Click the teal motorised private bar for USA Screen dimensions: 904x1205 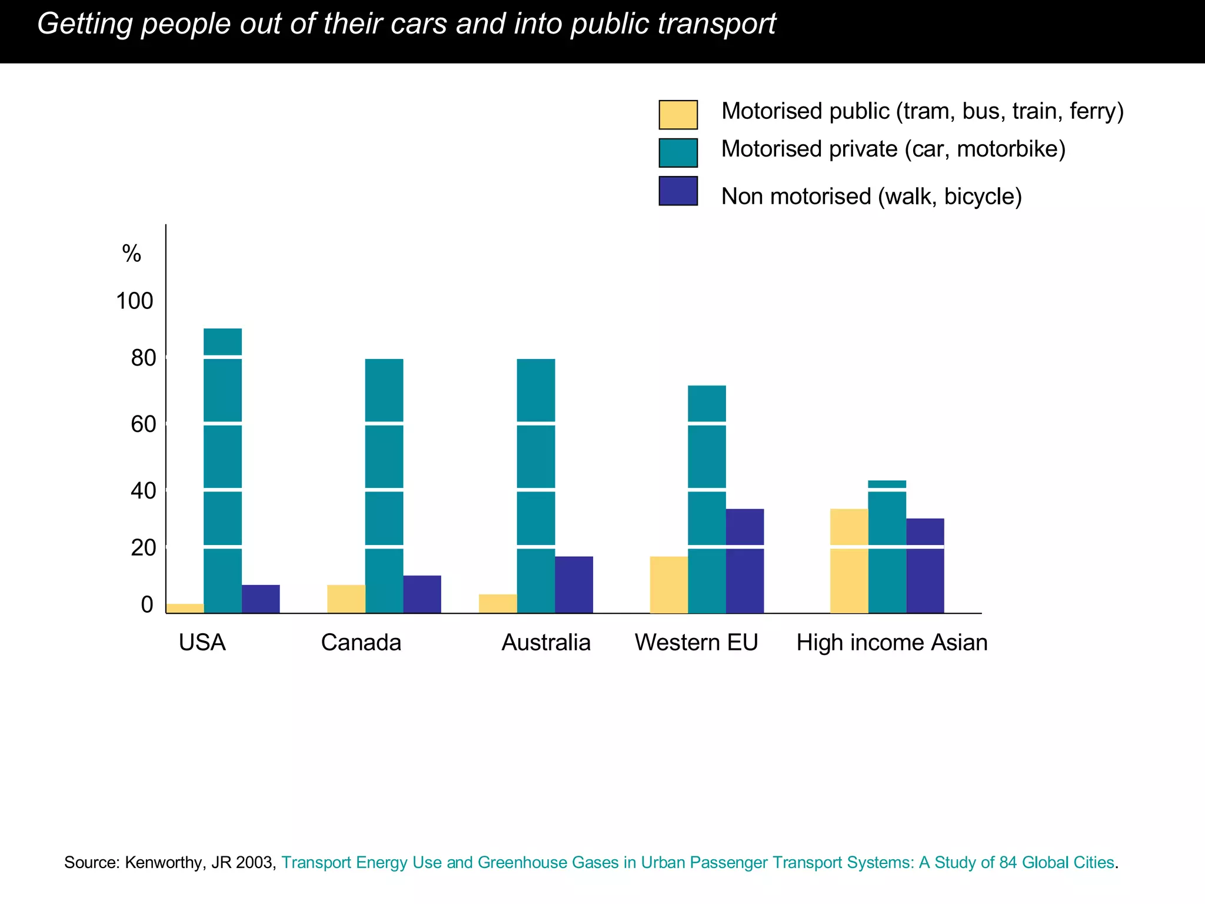click(222, 471)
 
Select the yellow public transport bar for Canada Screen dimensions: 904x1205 click(346, 599)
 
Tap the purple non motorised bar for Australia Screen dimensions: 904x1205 click(574, 584)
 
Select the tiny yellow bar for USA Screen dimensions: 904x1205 click(185, 608)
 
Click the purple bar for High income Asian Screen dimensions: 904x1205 click(925, 566)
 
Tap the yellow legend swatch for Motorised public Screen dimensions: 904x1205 click(678, 115)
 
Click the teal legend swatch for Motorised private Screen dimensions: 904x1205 click(678, 153)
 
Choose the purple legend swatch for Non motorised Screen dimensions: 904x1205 click(678, 191)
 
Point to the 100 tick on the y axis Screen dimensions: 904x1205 click(134, 301)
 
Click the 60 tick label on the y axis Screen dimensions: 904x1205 click(143, 424)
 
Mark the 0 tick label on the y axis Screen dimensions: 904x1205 click(147, 604)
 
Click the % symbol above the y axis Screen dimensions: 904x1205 click(131, 254)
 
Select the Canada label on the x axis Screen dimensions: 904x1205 click(361, 642)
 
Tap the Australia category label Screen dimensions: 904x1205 click(545, 642)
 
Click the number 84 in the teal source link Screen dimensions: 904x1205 click(1008, 862)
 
